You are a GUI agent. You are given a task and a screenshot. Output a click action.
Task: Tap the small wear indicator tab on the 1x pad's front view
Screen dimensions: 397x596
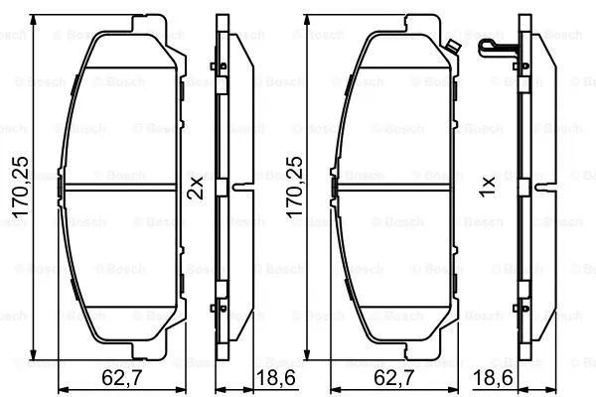point(453,44)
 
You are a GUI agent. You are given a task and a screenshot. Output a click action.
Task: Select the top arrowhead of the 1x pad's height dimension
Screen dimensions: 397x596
point(309,21)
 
